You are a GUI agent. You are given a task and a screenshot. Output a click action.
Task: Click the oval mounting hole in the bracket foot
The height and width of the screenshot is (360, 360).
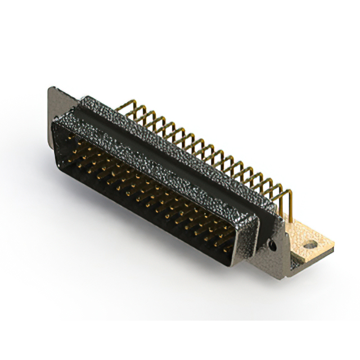point(309,245)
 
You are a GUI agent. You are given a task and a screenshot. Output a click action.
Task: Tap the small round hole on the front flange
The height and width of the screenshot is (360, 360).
point(273,246)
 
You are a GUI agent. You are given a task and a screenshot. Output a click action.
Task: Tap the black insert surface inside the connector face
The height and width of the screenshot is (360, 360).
point(141,191)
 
